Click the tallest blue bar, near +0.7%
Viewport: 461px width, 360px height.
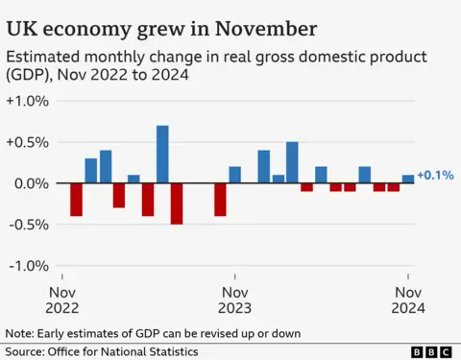[162, 154]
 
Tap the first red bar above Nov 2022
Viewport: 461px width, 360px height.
[76, 200]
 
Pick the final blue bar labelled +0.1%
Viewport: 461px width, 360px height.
[407, 179]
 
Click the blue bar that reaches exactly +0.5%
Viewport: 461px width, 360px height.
[292, 162]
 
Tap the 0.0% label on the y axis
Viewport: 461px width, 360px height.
[28, 183]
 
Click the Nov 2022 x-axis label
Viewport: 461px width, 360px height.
[63, 300]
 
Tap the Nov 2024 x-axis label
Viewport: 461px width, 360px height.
[406, 300]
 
